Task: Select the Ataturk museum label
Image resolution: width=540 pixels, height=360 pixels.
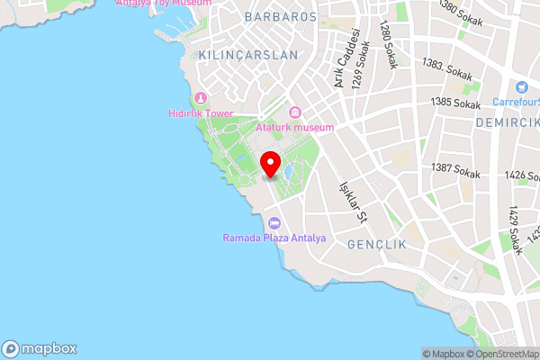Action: [295, 127]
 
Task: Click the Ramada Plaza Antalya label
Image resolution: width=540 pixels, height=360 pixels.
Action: [274, 238]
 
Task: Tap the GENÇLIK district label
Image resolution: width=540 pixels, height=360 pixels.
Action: [378, 245]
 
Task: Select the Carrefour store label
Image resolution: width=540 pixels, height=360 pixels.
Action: [515, 101]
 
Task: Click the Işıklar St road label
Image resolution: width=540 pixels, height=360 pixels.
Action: [352, 201]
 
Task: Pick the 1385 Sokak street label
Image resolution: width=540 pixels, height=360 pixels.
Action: [455, 104]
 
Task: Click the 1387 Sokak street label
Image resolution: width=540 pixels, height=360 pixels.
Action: [454, 168]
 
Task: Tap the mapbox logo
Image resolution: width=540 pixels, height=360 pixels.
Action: [40, 349]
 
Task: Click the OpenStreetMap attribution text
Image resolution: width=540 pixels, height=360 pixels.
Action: [500, 354]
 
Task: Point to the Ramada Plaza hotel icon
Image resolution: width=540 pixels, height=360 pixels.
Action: [274, 223]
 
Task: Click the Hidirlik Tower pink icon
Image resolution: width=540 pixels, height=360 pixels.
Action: [200, 97]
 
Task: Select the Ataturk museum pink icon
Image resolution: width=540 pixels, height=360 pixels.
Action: [295, 112]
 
